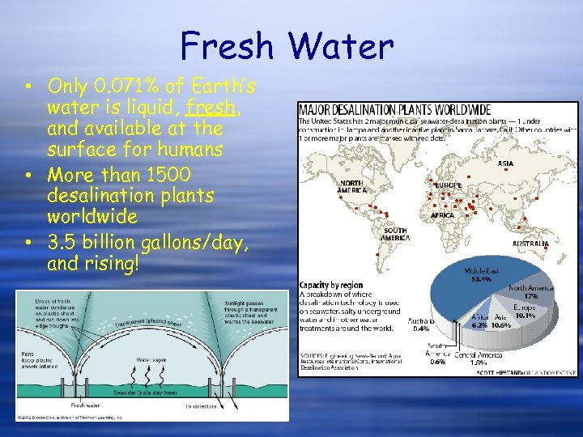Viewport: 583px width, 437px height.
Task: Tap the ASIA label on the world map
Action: pos(505,163)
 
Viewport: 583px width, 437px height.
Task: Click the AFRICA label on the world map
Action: pos(442,216)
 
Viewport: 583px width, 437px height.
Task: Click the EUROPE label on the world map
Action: pos(448,185)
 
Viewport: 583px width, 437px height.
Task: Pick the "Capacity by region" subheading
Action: pos(333,285)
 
